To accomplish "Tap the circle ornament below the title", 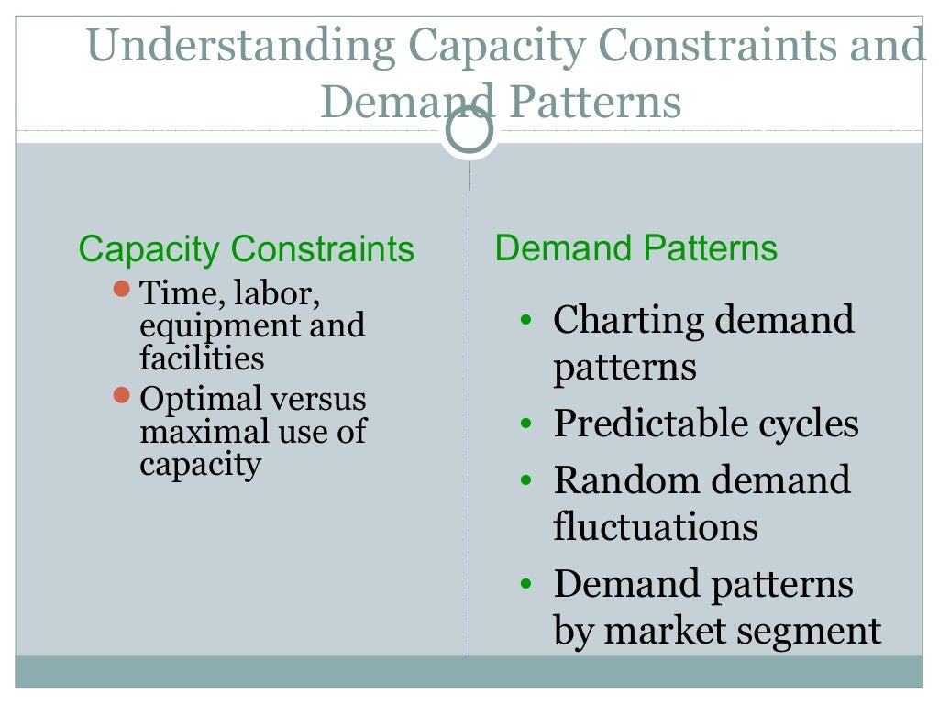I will tap(469, 133).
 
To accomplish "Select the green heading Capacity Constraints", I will tap(246, 249).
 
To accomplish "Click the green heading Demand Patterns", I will tap(635, 248).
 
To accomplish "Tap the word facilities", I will tap(202, 357).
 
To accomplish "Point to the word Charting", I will tap(626, 320).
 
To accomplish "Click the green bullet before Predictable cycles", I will tap(525, 424).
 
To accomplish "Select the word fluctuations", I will tap(656, 527).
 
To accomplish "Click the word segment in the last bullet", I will tap(813, 631).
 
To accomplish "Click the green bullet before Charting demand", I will tap(525, 321).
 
